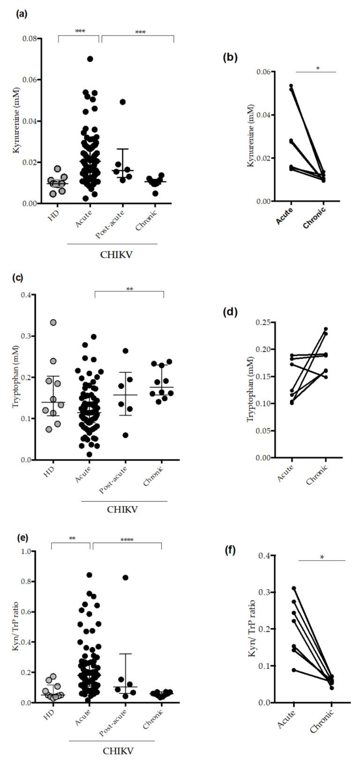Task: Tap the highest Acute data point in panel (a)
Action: click(x=90, y=59)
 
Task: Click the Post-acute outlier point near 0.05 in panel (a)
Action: click(x=123, y=102)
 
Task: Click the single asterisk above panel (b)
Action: click(x=317, y=68)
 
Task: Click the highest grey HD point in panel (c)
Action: click(x=53, y=323)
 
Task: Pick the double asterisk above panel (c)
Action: click(x=130, y=289)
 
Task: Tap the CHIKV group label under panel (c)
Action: click(x=124, y=509)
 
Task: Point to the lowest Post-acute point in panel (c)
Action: click(x=125, y=435)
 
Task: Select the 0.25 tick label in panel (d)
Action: click(x=262, y=323)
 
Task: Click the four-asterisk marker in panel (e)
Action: click(x=127, y=540)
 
